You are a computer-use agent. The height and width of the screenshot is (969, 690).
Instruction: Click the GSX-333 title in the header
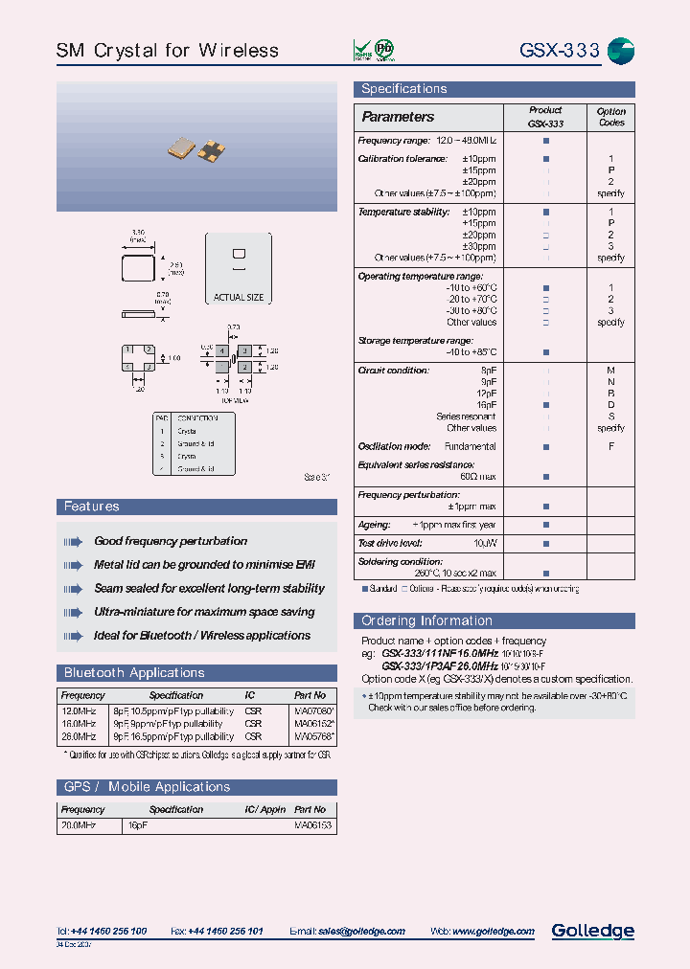click(559, 50)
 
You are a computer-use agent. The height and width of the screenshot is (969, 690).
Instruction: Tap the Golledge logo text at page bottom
click(592, 931)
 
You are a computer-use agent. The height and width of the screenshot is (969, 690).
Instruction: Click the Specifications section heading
click(403, 89)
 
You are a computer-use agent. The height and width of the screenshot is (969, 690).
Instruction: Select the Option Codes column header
click(610, 117)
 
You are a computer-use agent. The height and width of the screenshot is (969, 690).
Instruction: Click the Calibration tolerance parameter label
click(402, 159)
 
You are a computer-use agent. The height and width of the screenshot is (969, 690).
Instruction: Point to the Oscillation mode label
click(394, 446)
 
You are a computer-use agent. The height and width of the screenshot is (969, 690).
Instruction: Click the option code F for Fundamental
click(610, 446)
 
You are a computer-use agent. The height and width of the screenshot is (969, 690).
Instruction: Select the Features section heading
click(92, 507)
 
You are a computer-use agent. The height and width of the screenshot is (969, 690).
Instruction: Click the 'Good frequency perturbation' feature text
click(171, 542)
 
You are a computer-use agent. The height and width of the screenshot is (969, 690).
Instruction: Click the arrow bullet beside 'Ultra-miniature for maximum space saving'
click(74, 612)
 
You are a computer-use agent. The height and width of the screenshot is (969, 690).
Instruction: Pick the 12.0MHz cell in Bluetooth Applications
click(78, 711)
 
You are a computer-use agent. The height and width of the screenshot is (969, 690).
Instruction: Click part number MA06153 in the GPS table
click(312, 824)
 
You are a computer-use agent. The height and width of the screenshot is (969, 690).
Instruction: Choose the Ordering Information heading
click(426, 620)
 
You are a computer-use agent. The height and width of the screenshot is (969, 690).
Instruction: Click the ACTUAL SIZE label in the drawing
click(238, 297)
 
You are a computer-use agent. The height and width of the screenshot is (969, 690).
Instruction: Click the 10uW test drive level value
click(484, 543)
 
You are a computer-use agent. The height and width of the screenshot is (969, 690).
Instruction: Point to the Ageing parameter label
click(374, 525)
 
